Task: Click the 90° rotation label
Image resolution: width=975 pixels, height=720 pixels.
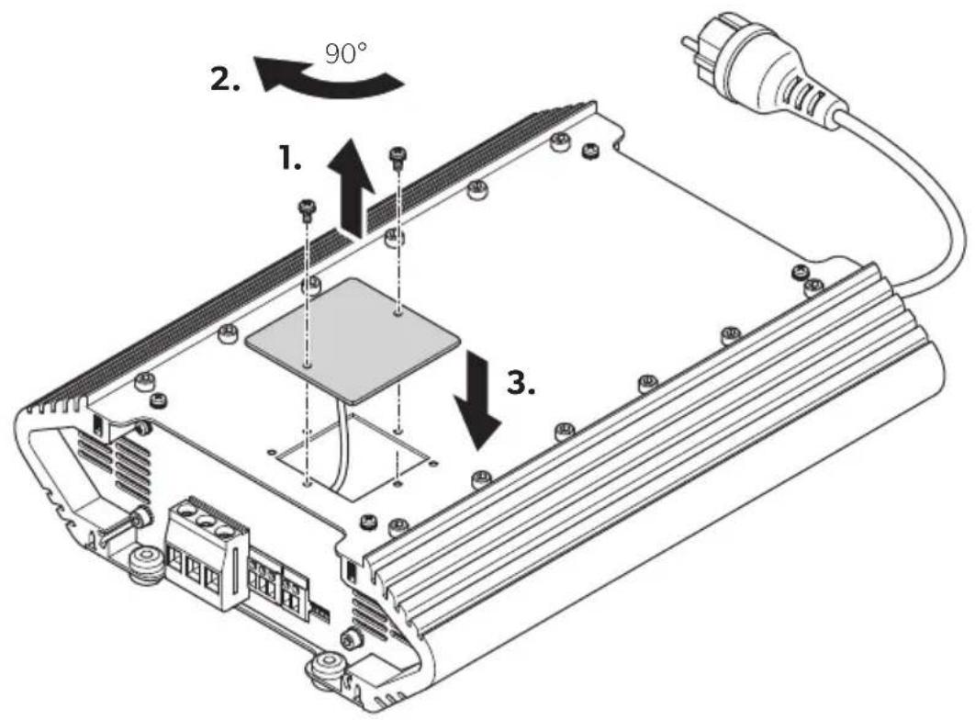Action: point(346,53)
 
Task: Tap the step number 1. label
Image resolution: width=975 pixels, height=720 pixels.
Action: point(290,159)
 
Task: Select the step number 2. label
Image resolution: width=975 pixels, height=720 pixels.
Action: point(225,80)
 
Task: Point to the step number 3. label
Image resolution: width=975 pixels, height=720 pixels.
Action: point(521,383)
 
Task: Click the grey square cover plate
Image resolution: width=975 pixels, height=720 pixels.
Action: point(353,338)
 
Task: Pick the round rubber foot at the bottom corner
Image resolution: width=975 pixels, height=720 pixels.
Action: point(327,669)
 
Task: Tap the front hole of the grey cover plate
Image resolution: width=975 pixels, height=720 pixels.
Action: point(307,366)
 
